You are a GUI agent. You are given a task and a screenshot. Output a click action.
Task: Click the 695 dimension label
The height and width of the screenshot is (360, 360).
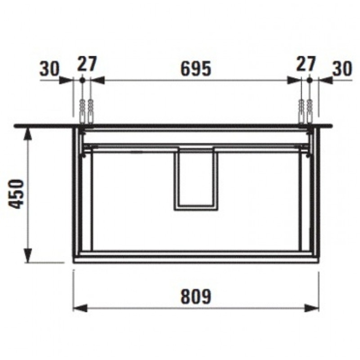point(196,69)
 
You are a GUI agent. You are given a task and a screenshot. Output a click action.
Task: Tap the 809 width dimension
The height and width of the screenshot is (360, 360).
point(196,296)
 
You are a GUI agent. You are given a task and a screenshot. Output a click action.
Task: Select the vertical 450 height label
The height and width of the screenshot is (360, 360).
point(16,194)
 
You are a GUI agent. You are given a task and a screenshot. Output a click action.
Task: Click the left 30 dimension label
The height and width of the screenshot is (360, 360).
point(49,69)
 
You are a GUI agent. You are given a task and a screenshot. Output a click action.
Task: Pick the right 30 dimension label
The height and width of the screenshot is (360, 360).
point(342,69)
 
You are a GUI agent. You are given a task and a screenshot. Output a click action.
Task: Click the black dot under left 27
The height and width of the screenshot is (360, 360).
point(82,80)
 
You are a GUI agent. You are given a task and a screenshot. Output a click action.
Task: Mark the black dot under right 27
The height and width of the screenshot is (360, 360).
point(309,80)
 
